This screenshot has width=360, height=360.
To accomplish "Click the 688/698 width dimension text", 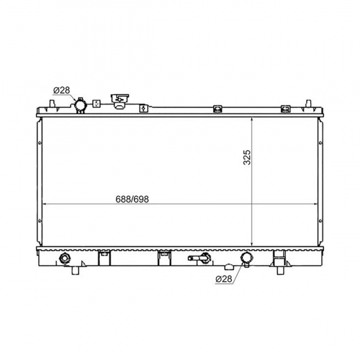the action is pyautogui.click(x=132, y=199).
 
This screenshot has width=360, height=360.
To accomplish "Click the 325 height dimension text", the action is pyautogui.click(x=246, y=157).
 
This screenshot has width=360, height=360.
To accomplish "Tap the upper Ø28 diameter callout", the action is pyautogui.click(x=62, y=90).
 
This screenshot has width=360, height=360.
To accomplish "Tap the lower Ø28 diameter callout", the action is pyautogui.click(x=224, y=279).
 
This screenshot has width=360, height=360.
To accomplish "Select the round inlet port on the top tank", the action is pyautogui.click(x=80, y=105).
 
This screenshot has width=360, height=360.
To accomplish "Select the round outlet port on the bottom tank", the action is pyautogui.click(x=246, y=258).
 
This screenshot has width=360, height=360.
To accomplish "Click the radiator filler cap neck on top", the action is pyautogui.click(x=120, y=101).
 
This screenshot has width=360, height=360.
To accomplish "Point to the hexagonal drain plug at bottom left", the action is pyautogui.click(x=64, y=258).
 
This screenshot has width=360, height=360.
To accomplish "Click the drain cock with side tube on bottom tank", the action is pyautogui.click(x=199, y=258).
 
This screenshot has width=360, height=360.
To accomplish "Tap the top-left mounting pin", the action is pyautogui.click(x=53, y=103).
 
